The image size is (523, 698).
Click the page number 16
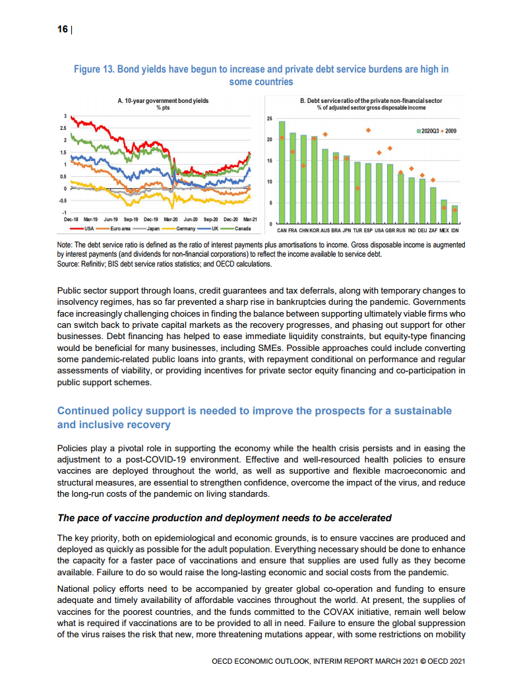[x=63, y=30]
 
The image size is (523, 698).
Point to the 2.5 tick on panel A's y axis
[x=63, y=128]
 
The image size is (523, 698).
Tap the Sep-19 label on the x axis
[x=131, y=218]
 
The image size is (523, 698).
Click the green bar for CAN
[x=282, y=172]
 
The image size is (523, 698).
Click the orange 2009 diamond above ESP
[x=368, y=130]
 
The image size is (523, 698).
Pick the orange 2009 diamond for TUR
[x=357, y=188]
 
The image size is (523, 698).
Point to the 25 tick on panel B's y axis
[x=269, y=119]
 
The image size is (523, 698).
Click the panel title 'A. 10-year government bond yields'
[x=159, y=101]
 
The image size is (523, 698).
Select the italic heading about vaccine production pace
[x=224, y=517]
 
